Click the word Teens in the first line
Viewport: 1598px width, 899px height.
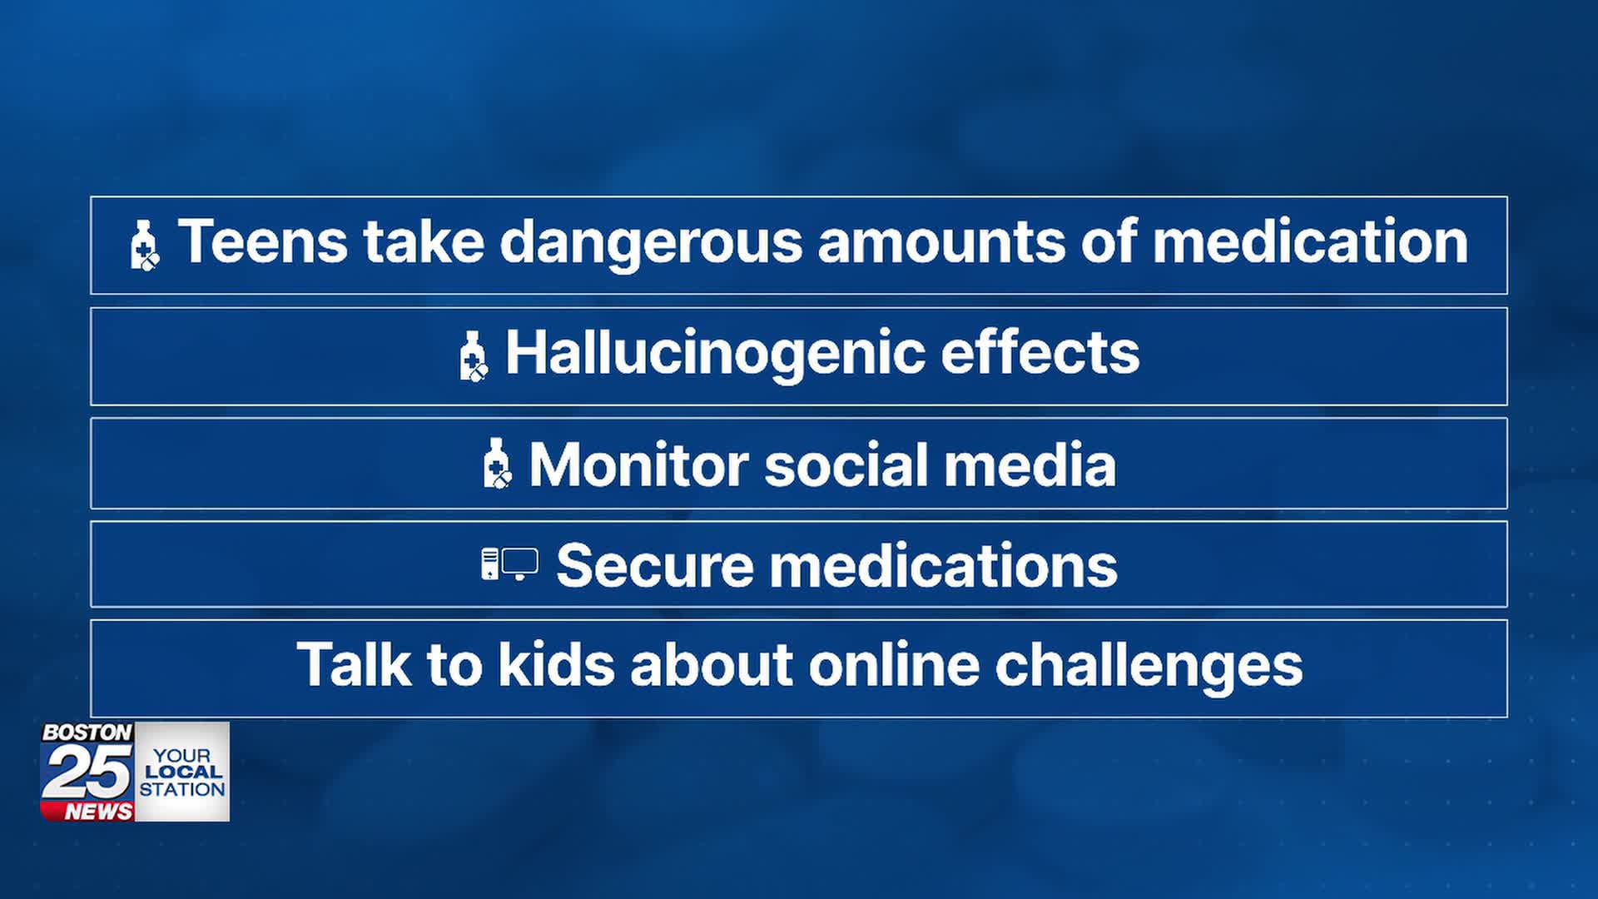click(262, 242)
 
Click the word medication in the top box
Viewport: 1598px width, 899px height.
click(1310, 242)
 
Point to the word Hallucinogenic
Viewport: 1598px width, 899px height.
click(714, 354)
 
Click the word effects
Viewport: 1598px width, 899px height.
click(1040, 352)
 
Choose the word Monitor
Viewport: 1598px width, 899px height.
click(638, 464)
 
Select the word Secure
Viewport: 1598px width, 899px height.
click(654, 566)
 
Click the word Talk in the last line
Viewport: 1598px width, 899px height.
click(354, 665)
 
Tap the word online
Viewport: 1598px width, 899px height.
click(894, 665)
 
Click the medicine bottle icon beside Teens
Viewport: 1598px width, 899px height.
click(144, 246)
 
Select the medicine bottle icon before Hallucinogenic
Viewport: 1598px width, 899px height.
click(473, 355)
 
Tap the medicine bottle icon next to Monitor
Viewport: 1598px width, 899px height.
click(497, 464)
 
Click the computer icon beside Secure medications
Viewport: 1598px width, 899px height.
click(509, 564)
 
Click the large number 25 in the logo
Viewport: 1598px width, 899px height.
click(87, 772)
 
